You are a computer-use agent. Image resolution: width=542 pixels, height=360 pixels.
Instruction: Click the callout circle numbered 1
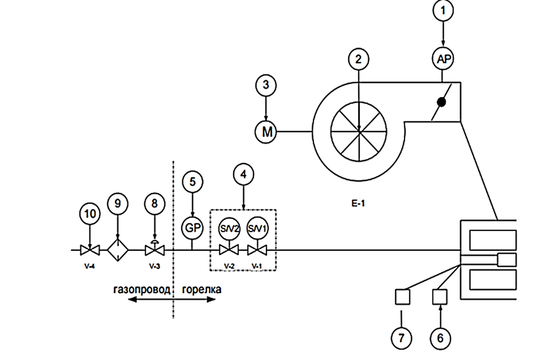tap(443, 10)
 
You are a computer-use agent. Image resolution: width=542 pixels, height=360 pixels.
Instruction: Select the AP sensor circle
tap(443, 59)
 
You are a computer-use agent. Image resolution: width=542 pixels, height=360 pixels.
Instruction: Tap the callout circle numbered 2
tap(358, 59)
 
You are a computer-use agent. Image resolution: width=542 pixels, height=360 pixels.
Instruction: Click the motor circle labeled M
tap(266, 132)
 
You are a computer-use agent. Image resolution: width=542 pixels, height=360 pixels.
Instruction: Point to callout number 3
tap(266, 85)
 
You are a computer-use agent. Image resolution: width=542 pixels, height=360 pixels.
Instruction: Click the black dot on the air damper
tap(441, 102)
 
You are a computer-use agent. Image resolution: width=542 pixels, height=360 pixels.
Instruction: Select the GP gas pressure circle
tap(192, 228)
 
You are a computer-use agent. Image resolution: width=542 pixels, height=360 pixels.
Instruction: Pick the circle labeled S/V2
tap(229, 228)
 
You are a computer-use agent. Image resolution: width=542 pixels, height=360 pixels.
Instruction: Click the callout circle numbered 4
tap(243, 174)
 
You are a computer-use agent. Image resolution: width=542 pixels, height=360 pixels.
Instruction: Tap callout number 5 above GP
tap(192, 182)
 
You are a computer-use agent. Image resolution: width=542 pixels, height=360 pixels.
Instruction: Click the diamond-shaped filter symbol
tap(118, 250)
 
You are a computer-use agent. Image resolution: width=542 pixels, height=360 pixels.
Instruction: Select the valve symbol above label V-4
tap(90, 250)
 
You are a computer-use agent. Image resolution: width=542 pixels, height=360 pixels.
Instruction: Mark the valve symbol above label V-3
tap(155, 250)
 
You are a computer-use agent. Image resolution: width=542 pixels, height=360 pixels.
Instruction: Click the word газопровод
tap(142, 290)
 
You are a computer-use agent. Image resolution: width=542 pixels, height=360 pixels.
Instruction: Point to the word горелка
tap(202, 290)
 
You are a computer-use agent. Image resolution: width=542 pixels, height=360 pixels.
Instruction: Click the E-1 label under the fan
tap(358, 203)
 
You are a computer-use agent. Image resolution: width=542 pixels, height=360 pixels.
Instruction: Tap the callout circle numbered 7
tap(401, 338)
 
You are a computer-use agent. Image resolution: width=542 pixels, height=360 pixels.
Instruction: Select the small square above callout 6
tap(440, 297)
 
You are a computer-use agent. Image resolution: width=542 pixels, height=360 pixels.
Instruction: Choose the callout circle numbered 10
tap(90, 214)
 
